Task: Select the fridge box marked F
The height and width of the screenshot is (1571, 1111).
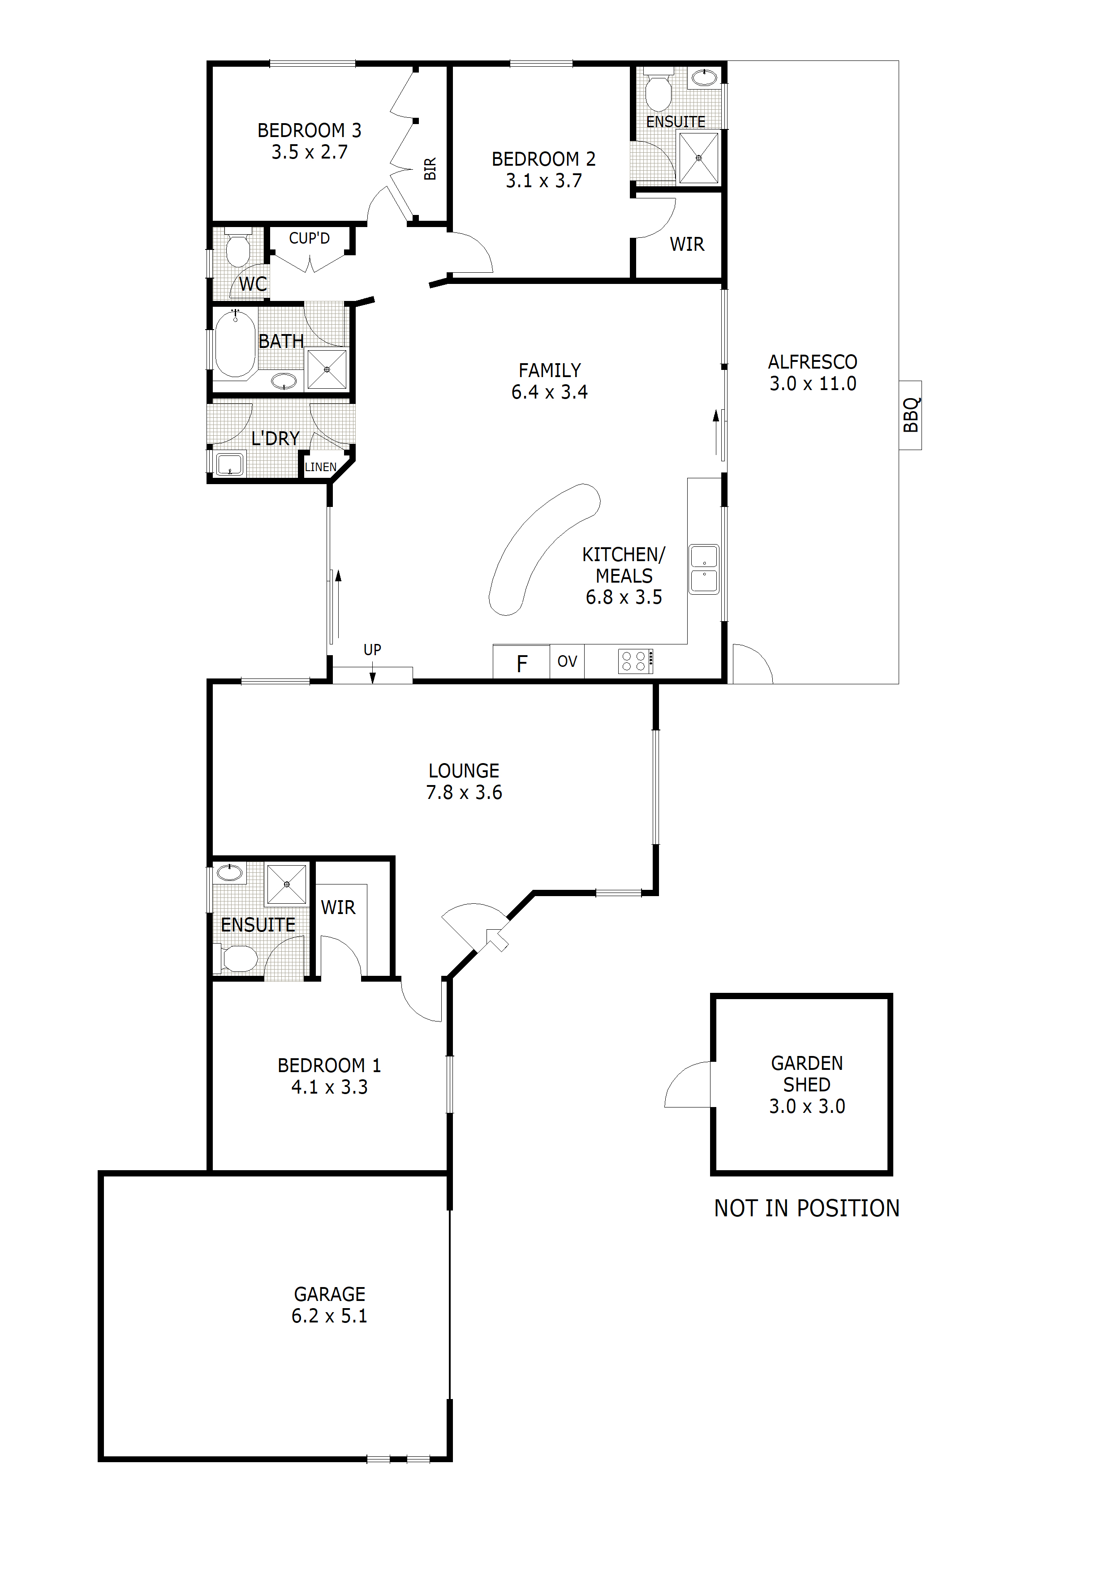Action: [x=521, y=662]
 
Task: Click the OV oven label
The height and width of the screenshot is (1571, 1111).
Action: [x=567, y=661]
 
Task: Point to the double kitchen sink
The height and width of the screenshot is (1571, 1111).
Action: [x=704, y=569]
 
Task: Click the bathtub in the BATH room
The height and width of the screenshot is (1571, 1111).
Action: [x=235, y=344]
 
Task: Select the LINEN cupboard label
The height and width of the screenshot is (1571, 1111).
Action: [x=320, y=468]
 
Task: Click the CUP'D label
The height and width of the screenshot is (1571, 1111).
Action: [x=310, y=238]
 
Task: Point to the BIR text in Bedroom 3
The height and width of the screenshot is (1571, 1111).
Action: [x=430, y=169]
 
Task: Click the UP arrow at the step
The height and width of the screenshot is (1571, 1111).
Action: [x=372, y=662]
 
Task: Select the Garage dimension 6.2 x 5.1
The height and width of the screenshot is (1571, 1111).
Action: [x=329, y=1315]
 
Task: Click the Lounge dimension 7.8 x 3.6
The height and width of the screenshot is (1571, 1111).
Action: [x=464, y=792]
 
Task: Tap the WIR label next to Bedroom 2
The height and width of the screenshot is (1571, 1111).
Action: [x=687, y=244]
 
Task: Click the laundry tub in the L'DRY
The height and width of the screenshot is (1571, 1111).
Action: [x=229, y=464]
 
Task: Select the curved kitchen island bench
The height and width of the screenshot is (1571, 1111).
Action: [x=541, y=547]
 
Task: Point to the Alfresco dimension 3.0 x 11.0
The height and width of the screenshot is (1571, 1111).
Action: [x=813, y=384]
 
